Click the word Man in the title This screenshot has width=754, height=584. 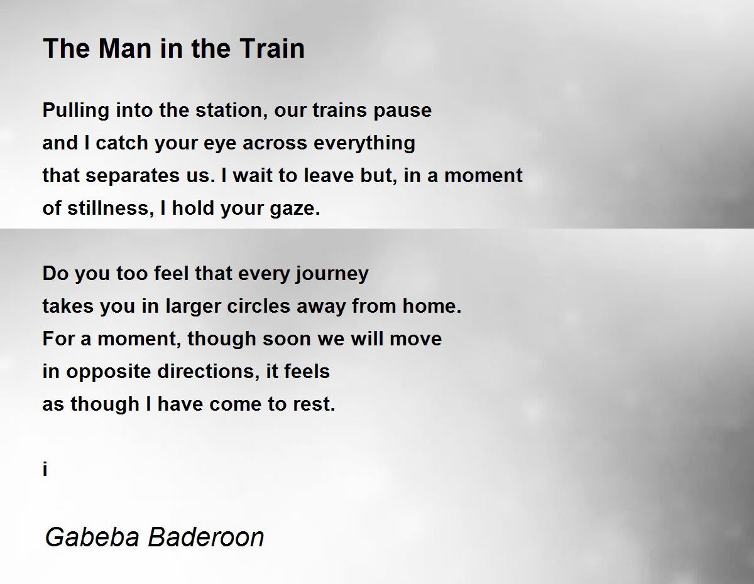point(125,48)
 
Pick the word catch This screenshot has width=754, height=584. point(122,143)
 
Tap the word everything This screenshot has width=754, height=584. point(364,144)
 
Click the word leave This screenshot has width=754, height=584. point(329,175)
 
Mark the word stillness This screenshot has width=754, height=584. point(111,208)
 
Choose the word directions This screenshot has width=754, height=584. point(209,372)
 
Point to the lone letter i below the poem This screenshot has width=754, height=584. point(45,469)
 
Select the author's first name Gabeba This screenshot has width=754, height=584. point(92,537)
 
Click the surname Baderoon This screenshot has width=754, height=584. point(207,537)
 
